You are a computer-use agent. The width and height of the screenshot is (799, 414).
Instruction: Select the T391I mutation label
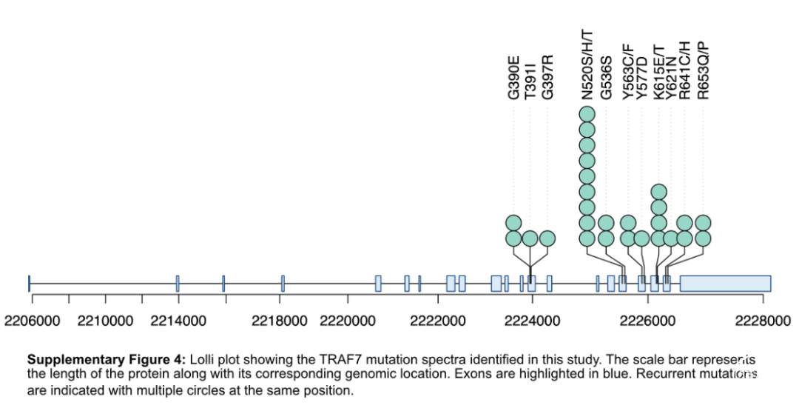[x=530, y=83]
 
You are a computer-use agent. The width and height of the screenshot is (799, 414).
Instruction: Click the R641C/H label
[x=685, y=70]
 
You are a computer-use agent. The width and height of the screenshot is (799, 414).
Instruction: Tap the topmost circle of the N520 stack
[x=587, y=114]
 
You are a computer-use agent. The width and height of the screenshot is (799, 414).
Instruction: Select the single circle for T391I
[x=530, y=238]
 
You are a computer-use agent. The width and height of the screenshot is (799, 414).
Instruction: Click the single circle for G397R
[x=547, y=238]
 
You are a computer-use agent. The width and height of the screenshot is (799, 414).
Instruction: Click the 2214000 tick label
[x=178, y=321]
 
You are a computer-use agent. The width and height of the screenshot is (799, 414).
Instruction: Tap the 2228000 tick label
[x=762, y=321]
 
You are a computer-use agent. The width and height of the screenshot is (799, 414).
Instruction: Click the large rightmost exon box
[x=725, y=283]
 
